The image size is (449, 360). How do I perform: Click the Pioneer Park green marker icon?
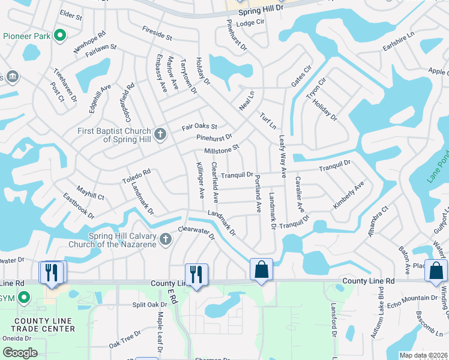click(x=59, y=36)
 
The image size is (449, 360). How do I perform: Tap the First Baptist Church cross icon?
click(x=160, y=133)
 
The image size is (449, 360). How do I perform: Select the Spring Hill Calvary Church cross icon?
click(x=166, y=240)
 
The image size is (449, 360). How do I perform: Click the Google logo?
click(x=19, y=353)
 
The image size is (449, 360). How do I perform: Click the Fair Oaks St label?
click(x=199, y=127)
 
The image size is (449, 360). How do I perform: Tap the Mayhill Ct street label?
click(x=90, y=191)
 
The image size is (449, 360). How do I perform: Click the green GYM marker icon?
click(x=24, y=297)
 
